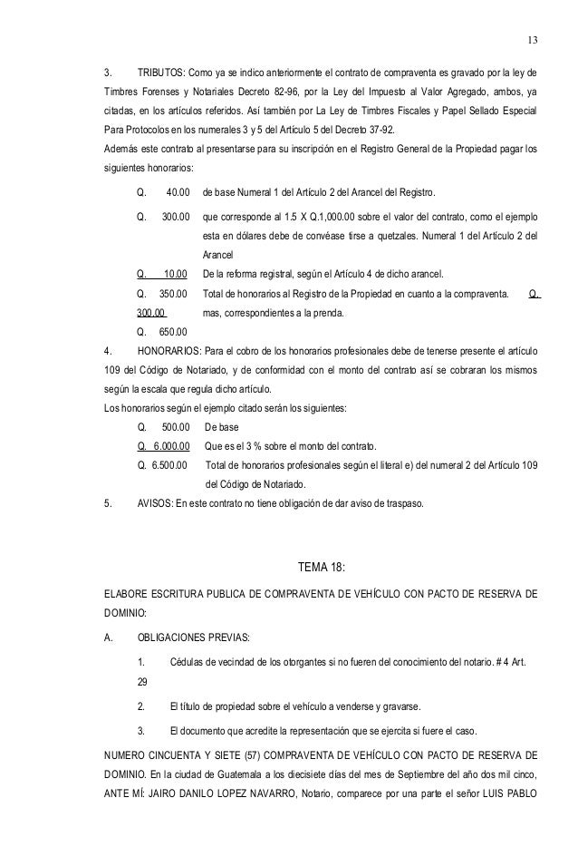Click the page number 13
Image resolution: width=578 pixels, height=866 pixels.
[x=532, y=41]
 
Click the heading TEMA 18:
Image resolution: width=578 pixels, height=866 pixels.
[x=321, y=568]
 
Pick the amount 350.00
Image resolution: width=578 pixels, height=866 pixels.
[x=172, y=293]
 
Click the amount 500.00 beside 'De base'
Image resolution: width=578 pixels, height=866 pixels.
[x=176, y=426]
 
